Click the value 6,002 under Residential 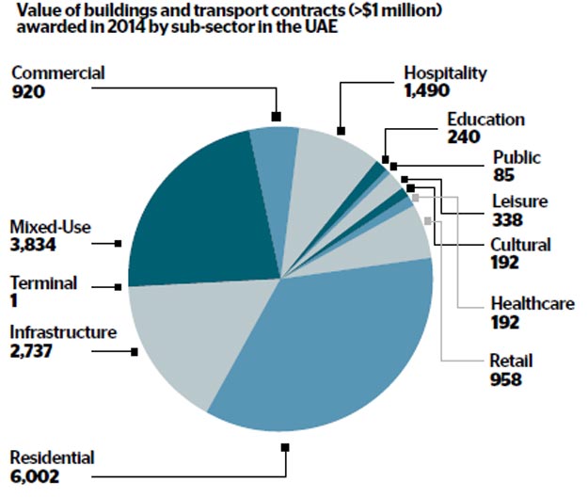35,477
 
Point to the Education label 485,120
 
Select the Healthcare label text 532,303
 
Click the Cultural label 520,246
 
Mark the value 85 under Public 502,175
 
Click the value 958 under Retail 508,379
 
